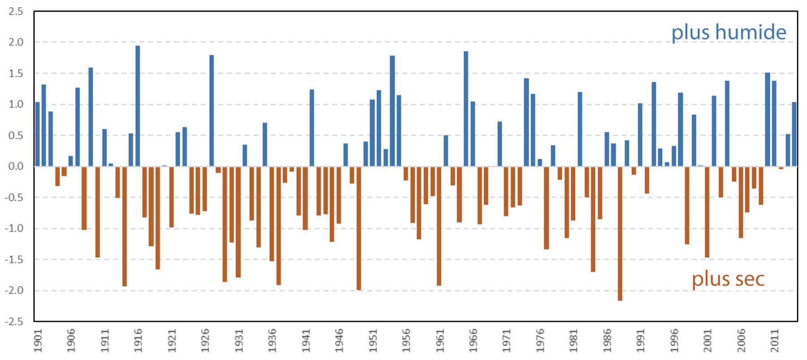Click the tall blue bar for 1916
(x=138, y=106)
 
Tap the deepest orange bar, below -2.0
(x=620, y=233)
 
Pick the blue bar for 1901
(x=37, y=134)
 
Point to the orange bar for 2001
(x=707, y=212)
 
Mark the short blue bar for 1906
(x=71, y=161)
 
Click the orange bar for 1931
(x=238, y=221)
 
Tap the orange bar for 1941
(x=305, y=198)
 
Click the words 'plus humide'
(x=729, y=32)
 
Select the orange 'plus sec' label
(x=728, y=279)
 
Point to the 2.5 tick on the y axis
(x=16, y=12)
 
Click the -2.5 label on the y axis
(x=14, y=321)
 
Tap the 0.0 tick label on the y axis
(x=16, y=166)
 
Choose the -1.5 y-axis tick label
(x=14, y=260)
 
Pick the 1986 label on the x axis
(x=607, y=341)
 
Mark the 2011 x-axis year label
(x=775, y=341)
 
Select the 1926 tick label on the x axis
(x=205, y=341)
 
